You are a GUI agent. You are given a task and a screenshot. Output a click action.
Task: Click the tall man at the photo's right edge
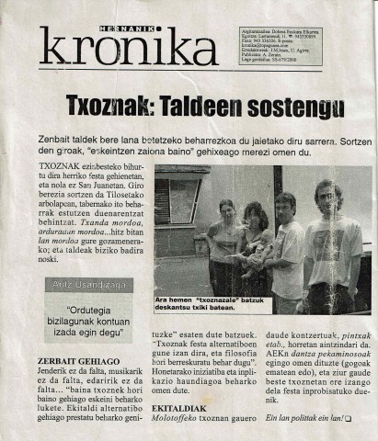(x=333, y=243)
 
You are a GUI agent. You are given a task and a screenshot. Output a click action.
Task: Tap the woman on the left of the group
(x=223, y=243)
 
